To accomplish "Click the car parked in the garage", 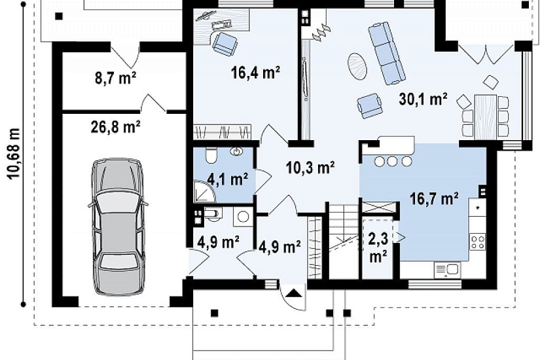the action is [118, 227].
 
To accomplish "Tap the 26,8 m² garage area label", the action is [115, 127].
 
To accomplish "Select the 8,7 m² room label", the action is [115, 77].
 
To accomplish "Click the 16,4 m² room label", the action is [255, 73].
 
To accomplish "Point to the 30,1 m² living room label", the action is [423, 99].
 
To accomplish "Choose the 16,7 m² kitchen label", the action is [434, 199].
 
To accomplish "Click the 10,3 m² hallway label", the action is [310, 168].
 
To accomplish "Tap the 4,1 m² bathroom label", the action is [227, 179].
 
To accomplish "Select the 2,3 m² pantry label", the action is [378, 247].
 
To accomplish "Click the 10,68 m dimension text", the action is [14, 154].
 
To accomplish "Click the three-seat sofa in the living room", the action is [386, 53].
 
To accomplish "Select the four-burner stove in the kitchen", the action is [478, 242].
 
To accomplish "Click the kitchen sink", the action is [448, 270].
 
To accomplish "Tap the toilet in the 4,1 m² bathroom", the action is [211, 155].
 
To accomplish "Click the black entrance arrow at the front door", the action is [293, 293].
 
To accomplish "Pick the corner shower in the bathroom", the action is [204, 192].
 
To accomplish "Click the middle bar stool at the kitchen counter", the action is [393, 161].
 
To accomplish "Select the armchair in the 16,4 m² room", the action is [225, 44].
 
